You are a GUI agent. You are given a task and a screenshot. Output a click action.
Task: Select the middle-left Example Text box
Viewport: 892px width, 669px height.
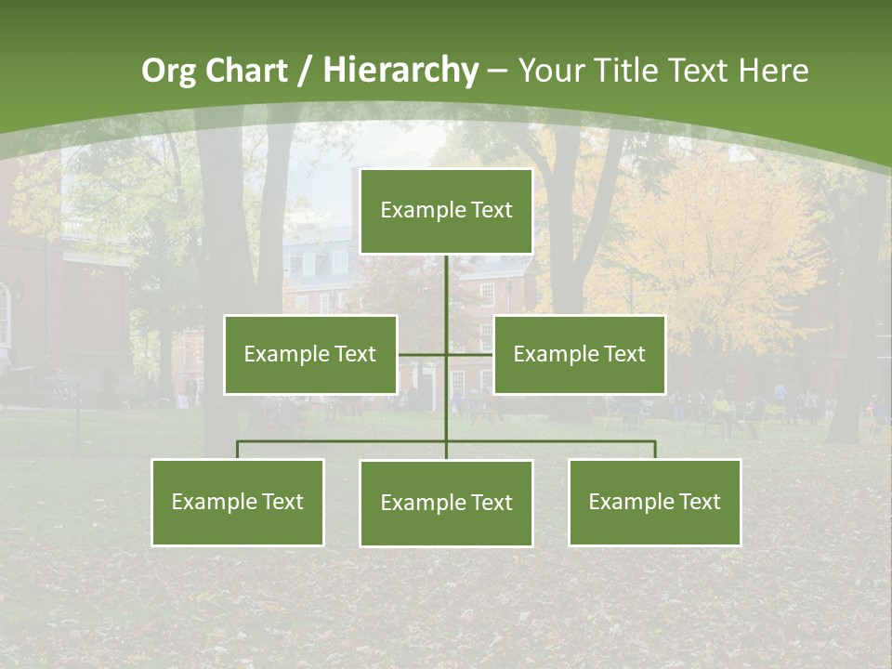309,354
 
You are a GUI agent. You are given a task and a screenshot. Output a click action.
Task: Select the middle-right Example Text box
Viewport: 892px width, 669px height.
579,354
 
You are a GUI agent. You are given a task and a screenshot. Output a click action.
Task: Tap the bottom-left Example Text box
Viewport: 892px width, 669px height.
237,502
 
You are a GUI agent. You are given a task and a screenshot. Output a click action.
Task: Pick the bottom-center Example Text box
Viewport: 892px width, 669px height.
446,503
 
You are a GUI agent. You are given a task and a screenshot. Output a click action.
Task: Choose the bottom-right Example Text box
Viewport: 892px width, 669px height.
654,502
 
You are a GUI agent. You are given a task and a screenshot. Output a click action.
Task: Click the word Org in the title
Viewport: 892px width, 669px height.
168,71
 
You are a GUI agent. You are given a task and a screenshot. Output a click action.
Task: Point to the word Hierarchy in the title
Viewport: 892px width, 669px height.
400,71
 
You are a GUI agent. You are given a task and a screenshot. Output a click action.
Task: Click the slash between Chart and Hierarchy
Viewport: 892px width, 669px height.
305,71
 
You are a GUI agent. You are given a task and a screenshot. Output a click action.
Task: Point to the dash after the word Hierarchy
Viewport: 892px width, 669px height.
497,71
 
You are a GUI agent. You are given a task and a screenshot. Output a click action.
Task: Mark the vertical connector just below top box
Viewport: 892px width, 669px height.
446,288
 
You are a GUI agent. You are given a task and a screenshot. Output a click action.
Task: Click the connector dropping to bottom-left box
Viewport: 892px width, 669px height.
237,450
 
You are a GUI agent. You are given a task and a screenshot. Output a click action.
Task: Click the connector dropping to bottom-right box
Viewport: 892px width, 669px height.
655,450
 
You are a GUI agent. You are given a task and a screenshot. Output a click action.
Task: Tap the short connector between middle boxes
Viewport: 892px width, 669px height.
446,354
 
